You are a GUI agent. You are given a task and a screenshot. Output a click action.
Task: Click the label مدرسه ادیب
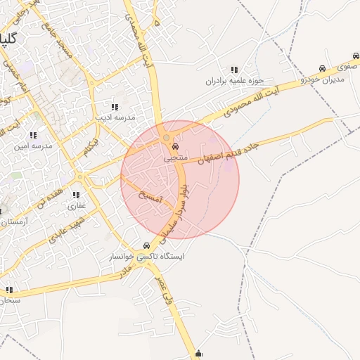point(115,117)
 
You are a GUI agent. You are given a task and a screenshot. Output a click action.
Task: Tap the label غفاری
point(75,206)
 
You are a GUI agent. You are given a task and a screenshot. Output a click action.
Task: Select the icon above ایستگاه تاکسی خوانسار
point(146,246)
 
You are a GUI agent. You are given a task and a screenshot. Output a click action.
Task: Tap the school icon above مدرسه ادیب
point(114,107)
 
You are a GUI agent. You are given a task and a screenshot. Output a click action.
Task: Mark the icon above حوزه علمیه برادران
point(233,70)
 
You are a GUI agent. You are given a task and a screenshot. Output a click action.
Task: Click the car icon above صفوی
point(321,69)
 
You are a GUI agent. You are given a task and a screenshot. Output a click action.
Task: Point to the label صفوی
point(345,67)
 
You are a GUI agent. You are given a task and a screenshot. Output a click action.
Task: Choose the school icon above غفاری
point(75,195)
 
